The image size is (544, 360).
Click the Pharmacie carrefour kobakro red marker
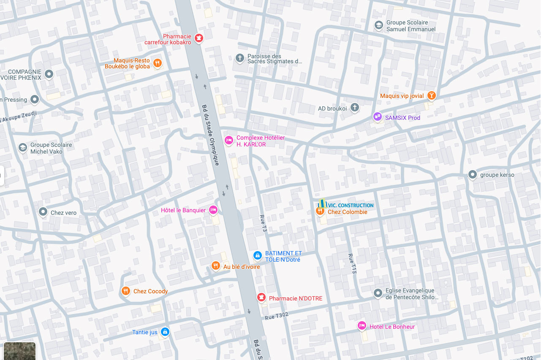pyautogui.click(x=199, y=38)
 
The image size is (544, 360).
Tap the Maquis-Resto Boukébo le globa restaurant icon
pyautogui.click(x=158, y=63)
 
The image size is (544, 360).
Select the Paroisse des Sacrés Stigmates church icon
pyautogui.click(x=240, y=58)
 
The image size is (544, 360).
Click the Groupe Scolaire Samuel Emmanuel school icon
pyautogui.click(x=379, y=25)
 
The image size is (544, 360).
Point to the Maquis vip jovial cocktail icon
pyautogui.click(x=431, y=95)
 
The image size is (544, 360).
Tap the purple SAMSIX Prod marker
pyautogui.click(x=377, y=117)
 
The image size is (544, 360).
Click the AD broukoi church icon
pyautogui.click(x=355, y=108)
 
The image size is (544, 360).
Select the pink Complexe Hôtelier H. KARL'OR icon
pyautogui.click(x=229, y=140)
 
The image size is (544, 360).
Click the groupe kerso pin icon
pyautogui.click(x=473, y=174)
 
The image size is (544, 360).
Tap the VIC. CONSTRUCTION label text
pyautogui.click(x=351, y=206)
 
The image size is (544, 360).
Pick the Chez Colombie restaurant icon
pyautogui.click(x=320, y=211)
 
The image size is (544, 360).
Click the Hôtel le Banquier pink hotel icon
pyautogui.click(x=213, y=209)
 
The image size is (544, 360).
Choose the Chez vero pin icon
pyautogui.click(x=43, y=212)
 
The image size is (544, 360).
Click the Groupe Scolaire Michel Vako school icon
pyautogui.click(x=23, y=148)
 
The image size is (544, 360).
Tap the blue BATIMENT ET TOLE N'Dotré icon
pyautogui.click(x=257, y=255)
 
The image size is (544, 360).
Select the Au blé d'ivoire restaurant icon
pyautogui.click(x=216, y=265)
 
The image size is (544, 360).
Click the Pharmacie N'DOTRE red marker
pyautogui.click(x=261, y=298)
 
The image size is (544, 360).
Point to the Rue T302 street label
pyautogui.click(x=277, y=316)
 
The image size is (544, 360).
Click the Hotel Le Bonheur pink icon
pyautogui.click(x=362, y=325)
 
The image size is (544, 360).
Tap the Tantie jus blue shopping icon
pyautogui.click(x=165, y=332)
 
